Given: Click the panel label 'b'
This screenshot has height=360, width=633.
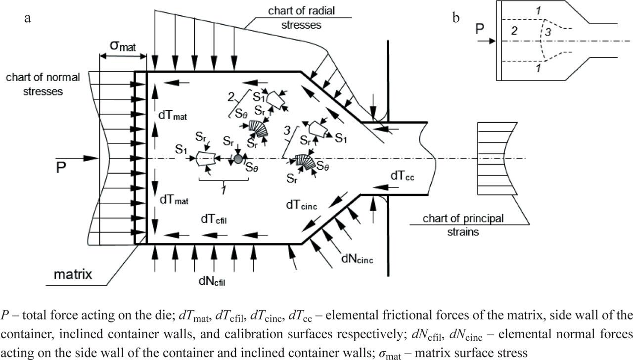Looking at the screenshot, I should [x=455, y=19].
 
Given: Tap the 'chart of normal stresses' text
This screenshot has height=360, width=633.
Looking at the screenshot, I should [x=44, y=84].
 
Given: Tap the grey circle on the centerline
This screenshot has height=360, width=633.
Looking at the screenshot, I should [x=238, y=158].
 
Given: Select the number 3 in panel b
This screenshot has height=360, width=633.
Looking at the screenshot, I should [x=547, y=33].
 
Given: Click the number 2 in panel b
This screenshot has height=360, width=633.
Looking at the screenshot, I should [x=514, y=31].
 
